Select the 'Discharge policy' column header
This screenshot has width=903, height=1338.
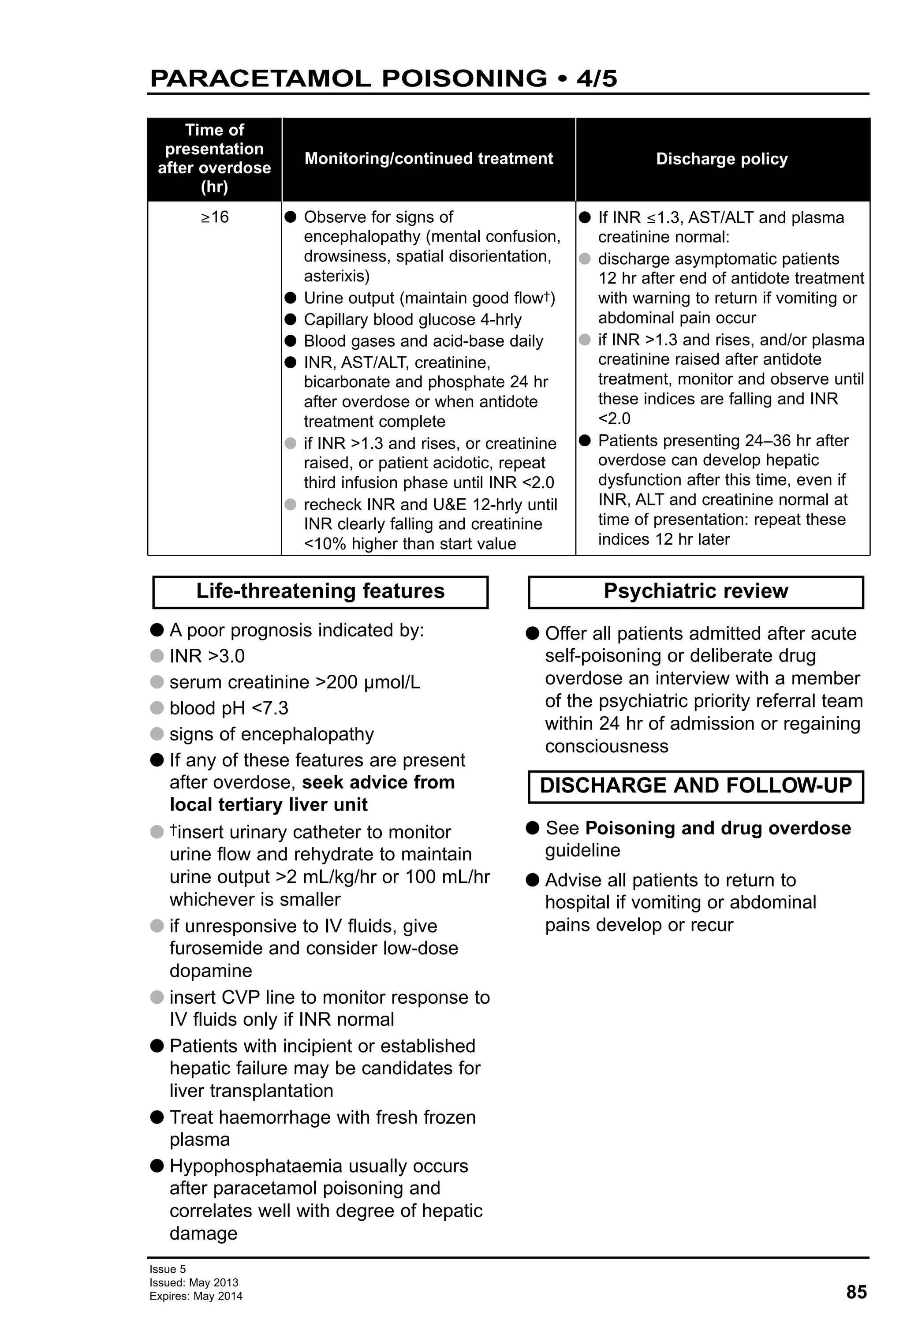tap(721, 159)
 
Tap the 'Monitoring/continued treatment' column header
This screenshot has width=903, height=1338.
tap(428, 159)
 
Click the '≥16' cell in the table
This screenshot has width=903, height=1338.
tap(214, 217)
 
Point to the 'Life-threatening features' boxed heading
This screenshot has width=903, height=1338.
tap(320, 591)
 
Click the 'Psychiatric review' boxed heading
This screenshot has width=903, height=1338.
tap(695, 591)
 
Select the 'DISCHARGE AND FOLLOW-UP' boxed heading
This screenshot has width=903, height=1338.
tap(695, 786)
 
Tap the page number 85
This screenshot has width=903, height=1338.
tap(856, 1292)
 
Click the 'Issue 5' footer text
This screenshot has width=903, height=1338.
tap(168, 1269)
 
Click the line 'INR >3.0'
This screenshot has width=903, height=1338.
tap(207, 656)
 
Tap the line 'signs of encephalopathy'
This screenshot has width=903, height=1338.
tap(271, 735)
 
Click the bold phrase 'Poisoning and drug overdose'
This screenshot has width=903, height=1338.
tap(718, 828)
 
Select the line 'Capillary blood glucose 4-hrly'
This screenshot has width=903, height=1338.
tap(412, 320)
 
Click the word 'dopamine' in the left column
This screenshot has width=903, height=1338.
tap(211, 971)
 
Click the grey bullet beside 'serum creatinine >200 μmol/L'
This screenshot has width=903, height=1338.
tap(157, 682)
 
